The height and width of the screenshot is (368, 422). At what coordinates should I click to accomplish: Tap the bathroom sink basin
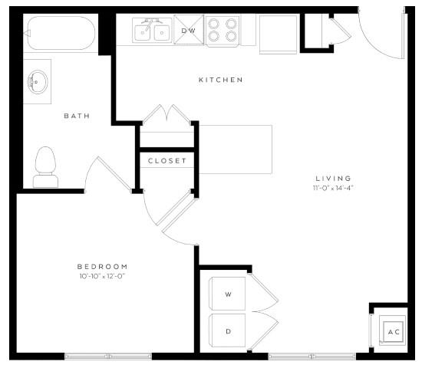(x=36, y=80)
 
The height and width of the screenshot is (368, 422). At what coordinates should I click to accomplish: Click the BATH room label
(x=76, y=117)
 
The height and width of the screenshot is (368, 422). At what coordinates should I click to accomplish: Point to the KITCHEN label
(x=221, y=80)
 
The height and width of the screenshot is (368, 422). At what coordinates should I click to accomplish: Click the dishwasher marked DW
(x=188, y=31)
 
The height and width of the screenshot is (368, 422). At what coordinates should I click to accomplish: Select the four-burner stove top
(x=223, y=31)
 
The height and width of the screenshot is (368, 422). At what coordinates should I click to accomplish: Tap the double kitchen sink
(x=152, y=31)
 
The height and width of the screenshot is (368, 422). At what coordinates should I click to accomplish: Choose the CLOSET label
(x=166, y=160)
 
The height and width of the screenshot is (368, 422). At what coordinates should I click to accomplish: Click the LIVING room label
(x=332, y=177)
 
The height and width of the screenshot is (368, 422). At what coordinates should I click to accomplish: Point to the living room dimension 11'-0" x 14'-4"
(x=332, y=187)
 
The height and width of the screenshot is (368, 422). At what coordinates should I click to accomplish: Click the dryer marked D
(x=228, y=331)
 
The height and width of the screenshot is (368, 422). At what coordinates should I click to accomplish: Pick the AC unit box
(x=394, y=332)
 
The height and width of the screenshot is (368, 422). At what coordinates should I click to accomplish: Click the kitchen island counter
(x=236, y=149)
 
